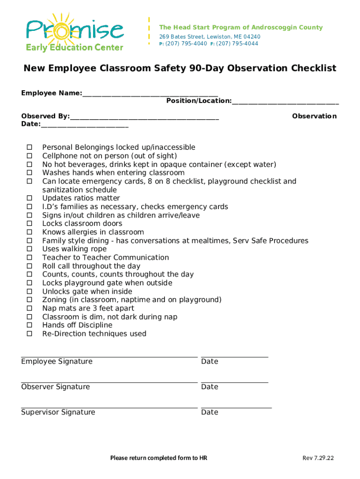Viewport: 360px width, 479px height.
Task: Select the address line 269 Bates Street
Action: click(209, 36)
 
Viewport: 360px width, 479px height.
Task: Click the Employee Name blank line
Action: click(150, 94)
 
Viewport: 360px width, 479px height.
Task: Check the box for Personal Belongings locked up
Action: click(29, 147)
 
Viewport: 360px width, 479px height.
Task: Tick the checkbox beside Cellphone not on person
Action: click(29, 156)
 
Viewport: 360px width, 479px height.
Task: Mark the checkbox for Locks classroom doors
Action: click(29, 224)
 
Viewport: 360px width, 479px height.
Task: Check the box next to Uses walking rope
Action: click(29, 249)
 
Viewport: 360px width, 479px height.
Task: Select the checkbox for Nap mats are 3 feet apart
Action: click(29, 308)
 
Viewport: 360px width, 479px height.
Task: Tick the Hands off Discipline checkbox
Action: click(29, 325)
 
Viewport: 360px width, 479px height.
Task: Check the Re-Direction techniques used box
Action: click(29, 334)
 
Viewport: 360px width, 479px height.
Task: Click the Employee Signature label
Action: click(57, 361)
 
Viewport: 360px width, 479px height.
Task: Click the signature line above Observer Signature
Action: click(109, 382)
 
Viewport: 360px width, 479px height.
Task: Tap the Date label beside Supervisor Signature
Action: click(209, 412)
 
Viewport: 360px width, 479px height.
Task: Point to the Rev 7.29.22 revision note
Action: click(318, 458)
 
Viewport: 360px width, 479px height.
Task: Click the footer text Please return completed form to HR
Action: click(158, 458)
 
